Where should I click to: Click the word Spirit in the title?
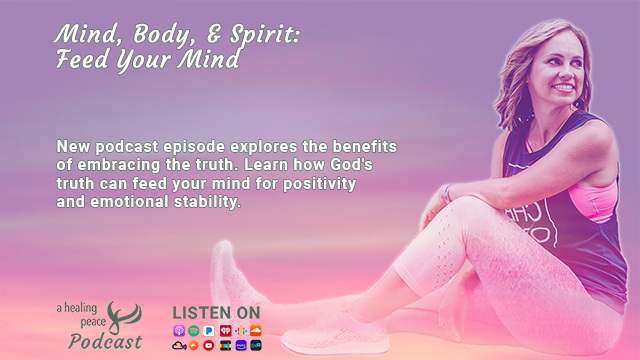coord(264,34)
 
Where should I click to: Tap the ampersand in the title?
coord(215,33)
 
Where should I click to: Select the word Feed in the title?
coord(82,59)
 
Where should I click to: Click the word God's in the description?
coord(351,164)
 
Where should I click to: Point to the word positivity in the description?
coord(320,184)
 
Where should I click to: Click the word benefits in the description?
coord(364,146)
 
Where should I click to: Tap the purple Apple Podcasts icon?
coord(179,331)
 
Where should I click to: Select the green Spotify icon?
coord(194,331)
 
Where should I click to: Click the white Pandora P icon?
coord(209,331)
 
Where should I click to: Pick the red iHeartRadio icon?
coord(225,331)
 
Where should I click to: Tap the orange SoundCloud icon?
coord(256,331)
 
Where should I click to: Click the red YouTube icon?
coord(209,346)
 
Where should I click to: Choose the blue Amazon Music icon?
coord(241,346)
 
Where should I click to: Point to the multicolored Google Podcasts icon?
coord(241,331)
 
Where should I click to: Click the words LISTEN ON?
coord(216,313)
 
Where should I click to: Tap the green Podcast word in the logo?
coord(105,342)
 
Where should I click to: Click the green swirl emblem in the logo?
coord(124,316)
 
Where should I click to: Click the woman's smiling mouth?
coord(563,87)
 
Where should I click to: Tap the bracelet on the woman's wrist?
coord(448,193)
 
